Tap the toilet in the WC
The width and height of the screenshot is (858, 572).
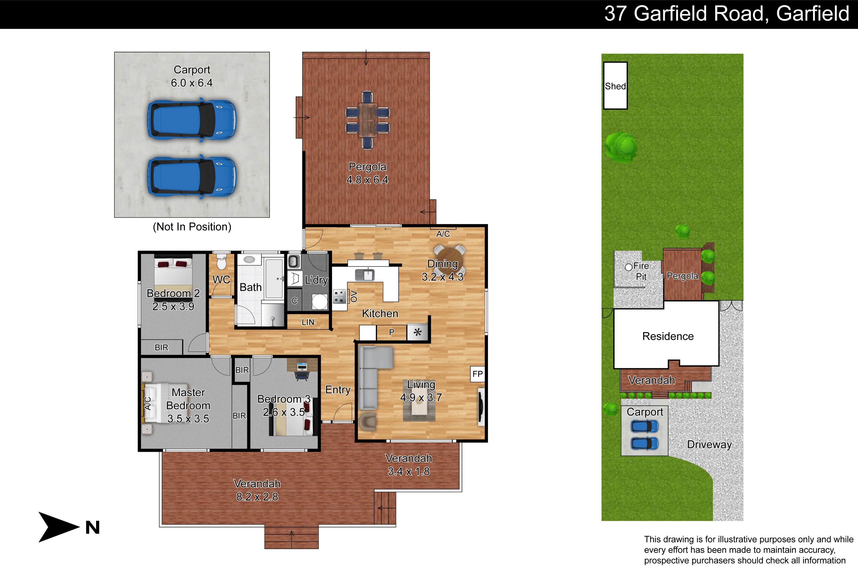point(221,261)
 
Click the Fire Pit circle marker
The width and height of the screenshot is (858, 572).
point(629,267)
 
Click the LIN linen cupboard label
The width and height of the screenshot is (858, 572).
point(308,322)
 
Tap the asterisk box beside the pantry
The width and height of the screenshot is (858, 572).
point(417,332)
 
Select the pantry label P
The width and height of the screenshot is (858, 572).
point(392,332)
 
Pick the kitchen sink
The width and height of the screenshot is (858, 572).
point(365,274)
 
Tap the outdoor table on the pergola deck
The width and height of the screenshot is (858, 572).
point(367,120)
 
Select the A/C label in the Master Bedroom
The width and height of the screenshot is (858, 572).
point(147,404)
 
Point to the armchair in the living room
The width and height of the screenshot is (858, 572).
point(368,422)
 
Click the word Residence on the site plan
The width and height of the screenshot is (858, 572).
point(668,336)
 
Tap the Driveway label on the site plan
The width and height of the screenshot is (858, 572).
point(710,444)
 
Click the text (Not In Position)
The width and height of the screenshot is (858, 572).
point(192,227)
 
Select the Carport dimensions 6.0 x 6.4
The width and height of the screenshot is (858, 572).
point(192,83)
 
